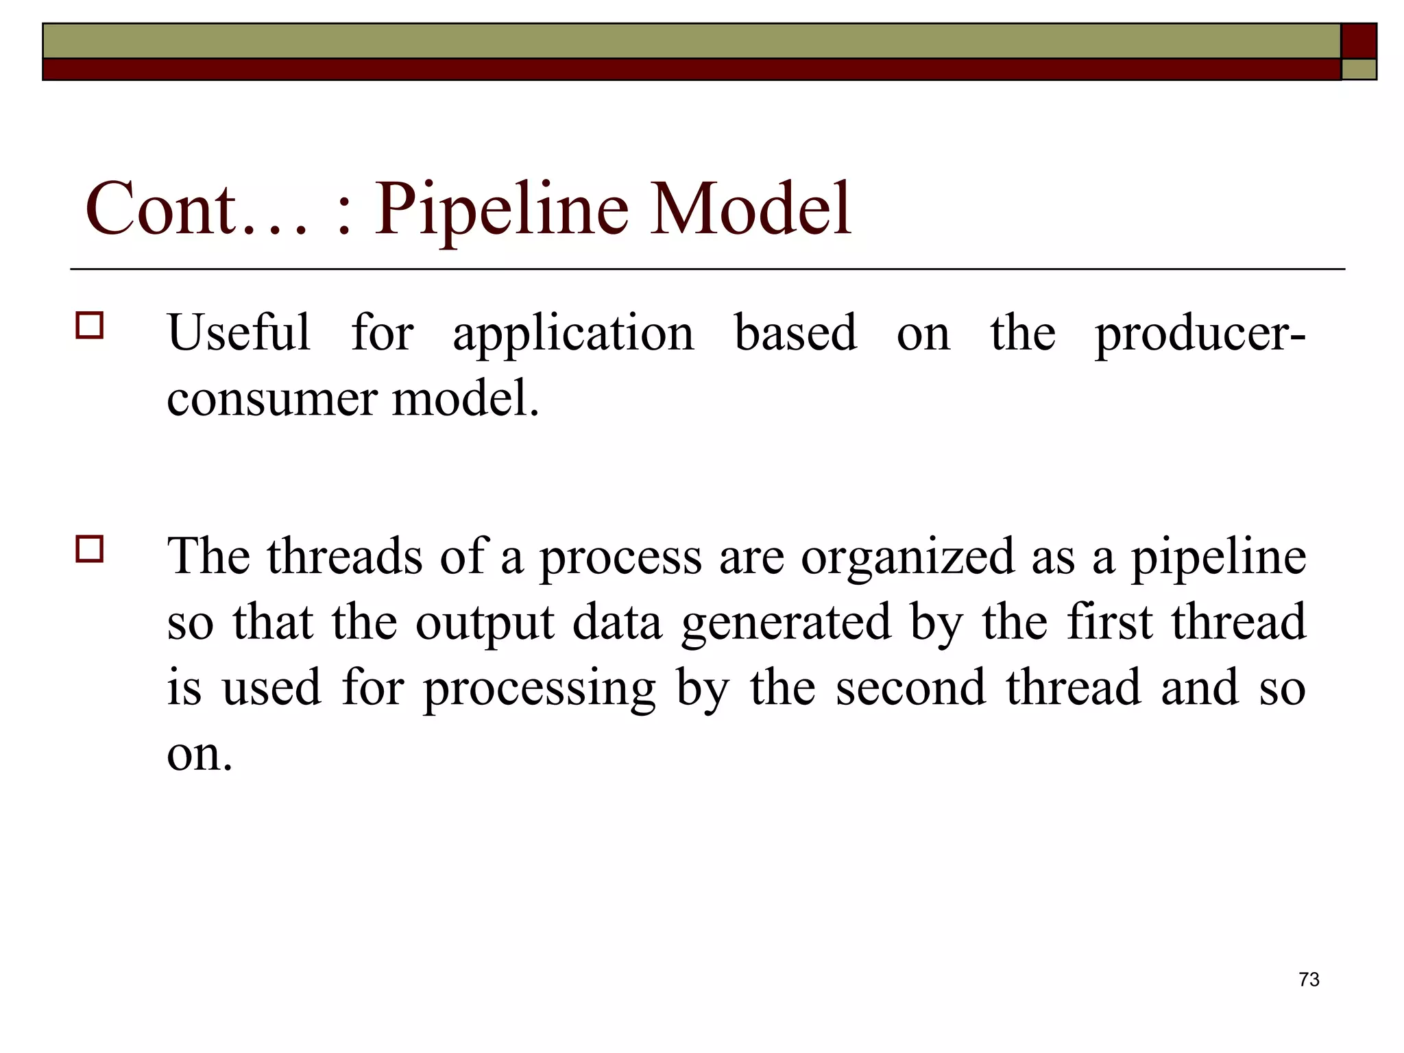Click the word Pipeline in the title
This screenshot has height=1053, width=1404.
tap(501, 208)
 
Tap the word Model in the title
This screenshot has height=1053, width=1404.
tap(751, 208)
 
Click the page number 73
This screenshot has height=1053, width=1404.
tap(1309, 980)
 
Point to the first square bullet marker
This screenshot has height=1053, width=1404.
tap(90, 326)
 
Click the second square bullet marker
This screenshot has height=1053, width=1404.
tap(90, 549)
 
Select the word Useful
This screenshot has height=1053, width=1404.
tap(239, 332)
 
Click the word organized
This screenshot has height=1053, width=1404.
tap(908, 558)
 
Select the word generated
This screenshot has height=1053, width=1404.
tap(786, 624)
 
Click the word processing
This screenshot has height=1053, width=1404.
tap(539, 690)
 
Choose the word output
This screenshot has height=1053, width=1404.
tap(485, 624)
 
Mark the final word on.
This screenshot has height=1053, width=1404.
tap(199, 754)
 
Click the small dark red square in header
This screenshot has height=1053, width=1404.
tap(1359, 41)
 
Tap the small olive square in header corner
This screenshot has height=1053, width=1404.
tap(1359, 69)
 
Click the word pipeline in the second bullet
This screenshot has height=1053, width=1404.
tap(1218, 558)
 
